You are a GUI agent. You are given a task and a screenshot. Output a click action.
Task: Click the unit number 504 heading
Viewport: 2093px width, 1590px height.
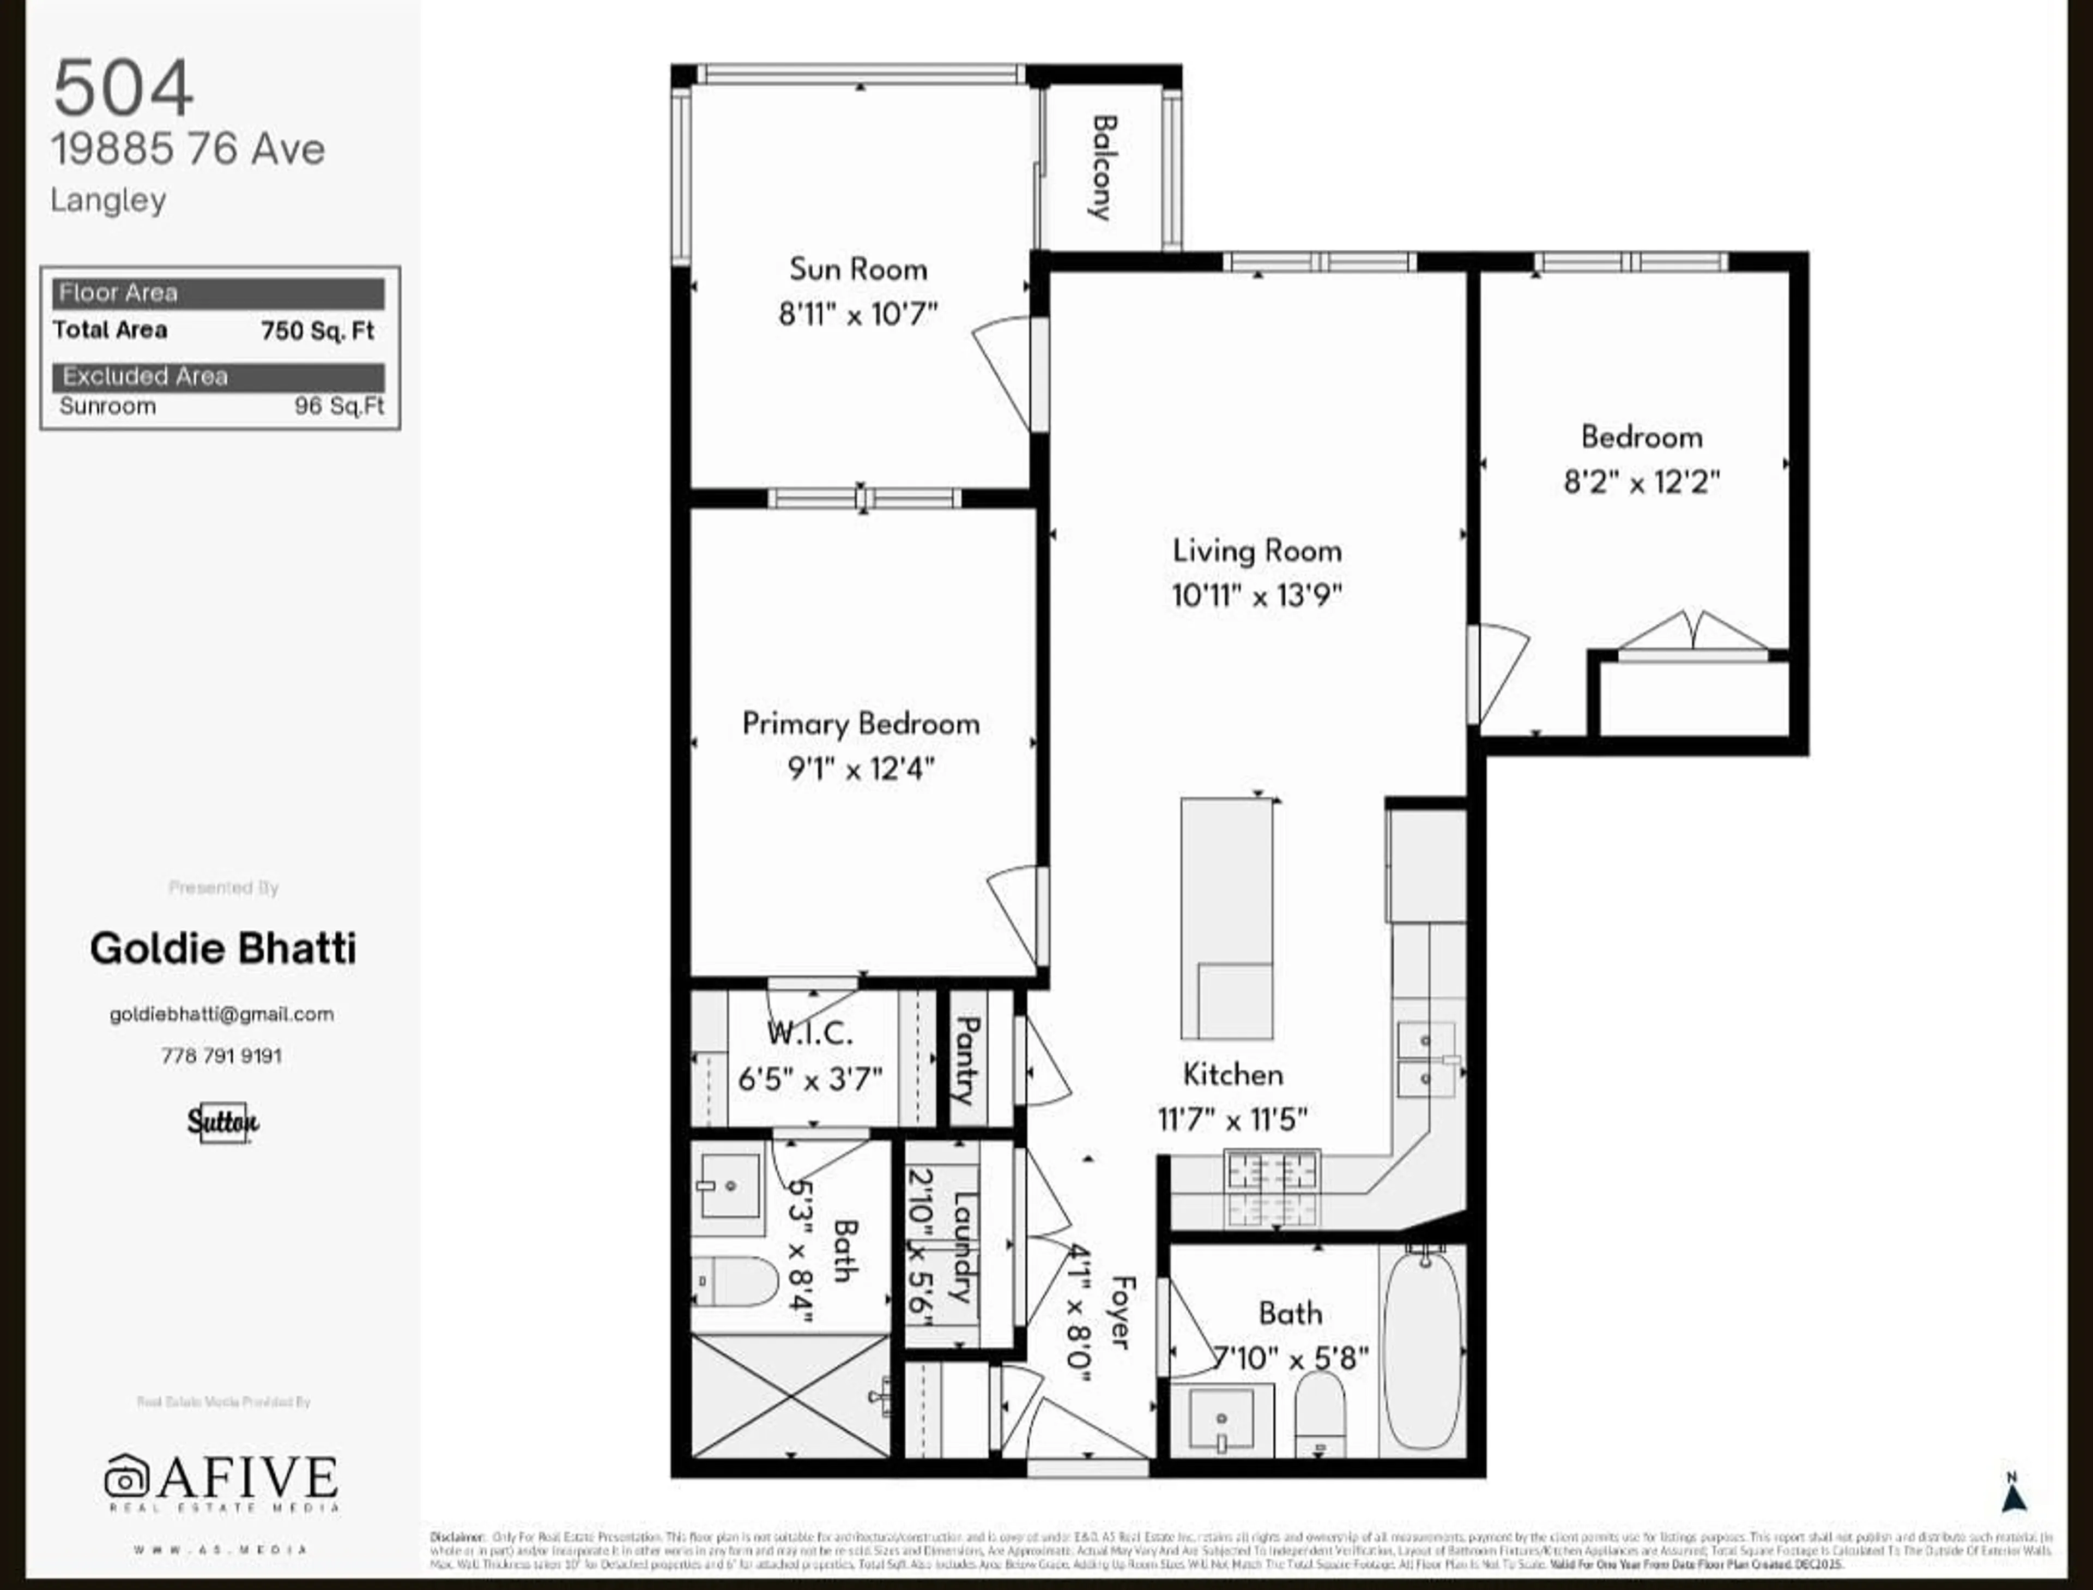pos(123,88)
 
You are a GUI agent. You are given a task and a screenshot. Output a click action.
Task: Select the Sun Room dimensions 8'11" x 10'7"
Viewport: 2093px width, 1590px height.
pos(857,314)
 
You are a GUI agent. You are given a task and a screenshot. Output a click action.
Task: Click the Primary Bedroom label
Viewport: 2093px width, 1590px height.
pos(860,724)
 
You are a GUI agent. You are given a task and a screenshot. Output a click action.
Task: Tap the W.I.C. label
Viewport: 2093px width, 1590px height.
pos(810,1033)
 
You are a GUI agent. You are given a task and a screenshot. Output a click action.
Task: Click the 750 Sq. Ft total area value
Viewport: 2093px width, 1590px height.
pos(318,330)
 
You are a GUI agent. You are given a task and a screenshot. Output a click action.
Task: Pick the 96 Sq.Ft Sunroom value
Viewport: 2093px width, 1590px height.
pos(338,406)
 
